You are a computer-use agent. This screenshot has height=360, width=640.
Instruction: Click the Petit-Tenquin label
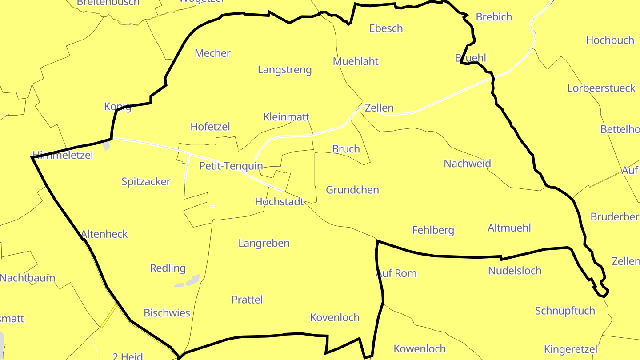pos(231,166)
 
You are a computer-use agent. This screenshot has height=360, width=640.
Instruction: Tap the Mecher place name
pos(212,53)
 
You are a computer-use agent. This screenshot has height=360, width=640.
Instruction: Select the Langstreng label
pos(284,70)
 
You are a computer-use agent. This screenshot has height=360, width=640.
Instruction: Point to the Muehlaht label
pos(356,61)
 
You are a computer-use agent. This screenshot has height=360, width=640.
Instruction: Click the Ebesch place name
pos(386,28)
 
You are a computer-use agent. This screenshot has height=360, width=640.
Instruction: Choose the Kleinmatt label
pos(286,117)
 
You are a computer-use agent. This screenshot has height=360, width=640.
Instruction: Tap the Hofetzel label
pos(210,127)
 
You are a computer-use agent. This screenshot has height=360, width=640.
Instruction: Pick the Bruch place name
pos(346,149)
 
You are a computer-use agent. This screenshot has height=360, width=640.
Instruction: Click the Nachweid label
pos(467,164)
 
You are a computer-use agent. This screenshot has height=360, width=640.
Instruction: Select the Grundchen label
pos(352,190)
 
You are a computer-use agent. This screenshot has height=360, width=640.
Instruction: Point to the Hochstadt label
pos(279,202)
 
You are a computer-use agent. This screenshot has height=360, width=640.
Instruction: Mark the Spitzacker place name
pos(146,181)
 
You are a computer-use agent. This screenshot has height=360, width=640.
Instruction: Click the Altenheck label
pos(104,234)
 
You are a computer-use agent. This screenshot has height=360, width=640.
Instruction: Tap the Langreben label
pos(264,243)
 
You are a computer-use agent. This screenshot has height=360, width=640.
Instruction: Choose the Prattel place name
pos(247,300)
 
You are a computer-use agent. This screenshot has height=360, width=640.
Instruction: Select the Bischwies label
pos(167,313)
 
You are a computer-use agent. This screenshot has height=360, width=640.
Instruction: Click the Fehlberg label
pos(433,230)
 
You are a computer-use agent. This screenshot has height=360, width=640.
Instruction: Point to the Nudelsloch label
pos(515,271)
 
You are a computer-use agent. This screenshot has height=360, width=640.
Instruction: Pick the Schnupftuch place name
pos(565,311)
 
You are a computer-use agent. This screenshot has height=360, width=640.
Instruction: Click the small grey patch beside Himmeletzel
pos(106,145)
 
